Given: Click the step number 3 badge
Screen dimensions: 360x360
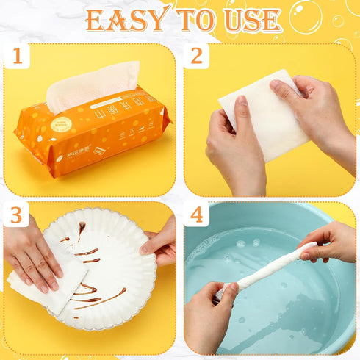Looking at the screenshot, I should (x=16, y=215).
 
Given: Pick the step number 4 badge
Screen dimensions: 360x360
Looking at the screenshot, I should (x=196, y=215).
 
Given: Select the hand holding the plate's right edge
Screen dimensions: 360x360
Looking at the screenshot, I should (x=162, y=239).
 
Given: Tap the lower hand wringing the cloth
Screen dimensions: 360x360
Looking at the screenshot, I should (x=213, y=316).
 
